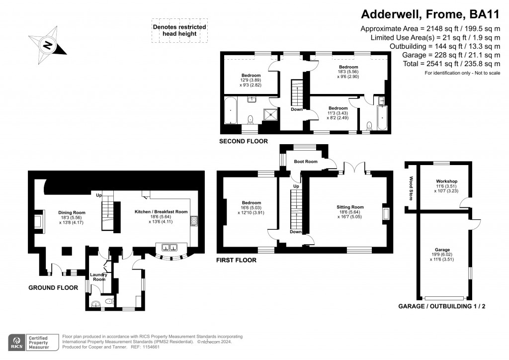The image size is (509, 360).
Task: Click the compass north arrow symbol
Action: (48, 46)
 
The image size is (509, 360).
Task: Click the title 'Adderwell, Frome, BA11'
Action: (429, 14)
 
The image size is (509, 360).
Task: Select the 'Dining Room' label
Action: (72, 212)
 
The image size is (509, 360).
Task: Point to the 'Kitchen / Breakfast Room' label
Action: (161, 211)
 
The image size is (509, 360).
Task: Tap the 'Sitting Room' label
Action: (350, 207)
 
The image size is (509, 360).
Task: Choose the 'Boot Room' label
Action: (305, 162)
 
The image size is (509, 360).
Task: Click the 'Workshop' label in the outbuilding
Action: (446, 181)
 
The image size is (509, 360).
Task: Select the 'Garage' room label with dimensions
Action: (442, 250)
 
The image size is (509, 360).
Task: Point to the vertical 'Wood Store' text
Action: (411, 188)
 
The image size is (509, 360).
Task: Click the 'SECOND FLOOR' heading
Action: (244, 141)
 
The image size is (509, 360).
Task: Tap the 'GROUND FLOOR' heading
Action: (53, 287)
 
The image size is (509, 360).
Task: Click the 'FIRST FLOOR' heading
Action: (237, 260)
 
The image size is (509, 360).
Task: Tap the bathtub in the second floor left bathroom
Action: (231, 110)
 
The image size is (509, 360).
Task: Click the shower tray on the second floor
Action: (270, 114)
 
